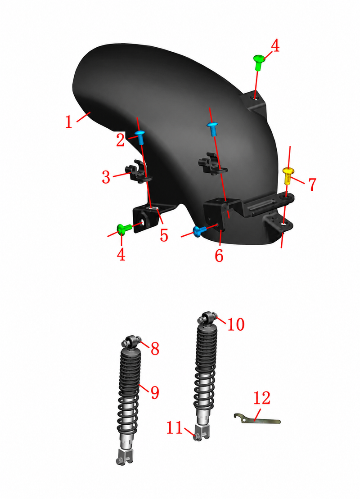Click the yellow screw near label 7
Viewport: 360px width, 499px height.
(x=288, y=175)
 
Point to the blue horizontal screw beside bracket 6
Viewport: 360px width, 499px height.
(x=199, y=231)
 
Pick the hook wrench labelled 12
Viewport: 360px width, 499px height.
(x=257, y=419)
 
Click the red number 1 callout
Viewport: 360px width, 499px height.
(x=69, y=122)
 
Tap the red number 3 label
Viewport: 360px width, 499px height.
(x=106, y=177)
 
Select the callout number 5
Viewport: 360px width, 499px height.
(x=164, y=235)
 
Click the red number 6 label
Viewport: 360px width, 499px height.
(x=219, y=256)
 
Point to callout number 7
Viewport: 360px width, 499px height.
(x=312, y=184)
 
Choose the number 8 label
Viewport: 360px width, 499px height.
(x=155, y=349)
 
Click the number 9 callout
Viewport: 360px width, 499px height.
(x=155, y=392)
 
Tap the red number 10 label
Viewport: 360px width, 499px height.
(x=236, y=324)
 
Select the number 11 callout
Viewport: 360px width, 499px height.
(x=175, y=428)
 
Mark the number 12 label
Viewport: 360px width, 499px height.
(x=262, y=398)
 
